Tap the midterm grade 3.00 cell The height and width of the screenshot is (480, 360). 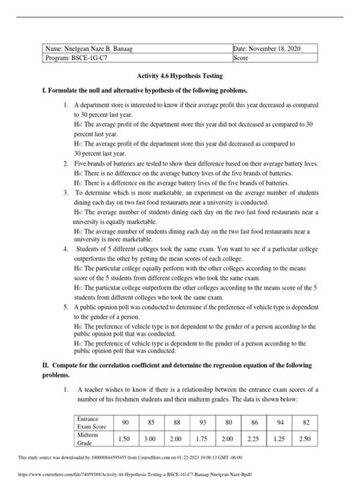pyautogui.click(x=152, y=439)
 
